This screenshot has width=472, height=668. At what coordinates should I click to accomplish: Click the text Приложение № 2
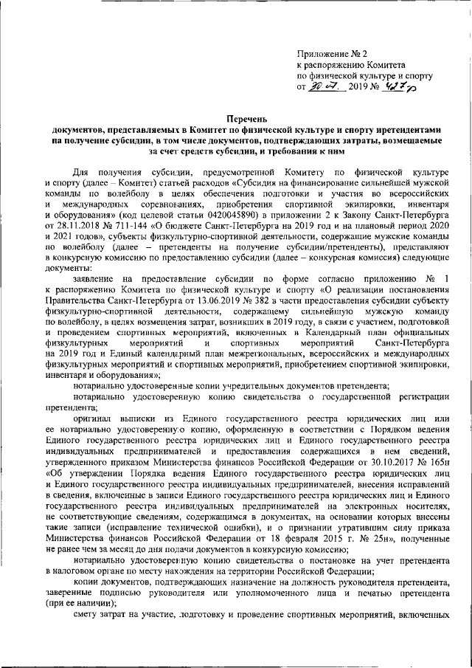[x=326, y=54]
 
